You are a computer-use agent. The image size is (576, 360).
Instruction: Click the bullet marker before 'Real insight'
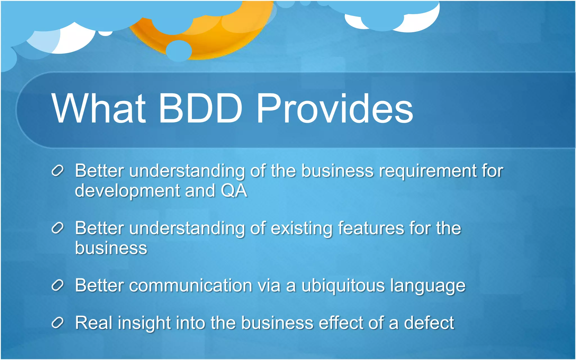pos(58,323)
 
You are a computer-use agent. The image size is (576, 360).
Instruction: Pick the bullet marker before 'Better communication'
pos(58,286)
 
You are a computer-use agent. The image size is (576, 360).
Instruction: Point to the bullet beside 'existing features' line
pos(58,228)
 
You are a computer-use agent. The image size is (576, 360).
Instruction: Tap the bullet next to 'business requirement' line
pos(58,171)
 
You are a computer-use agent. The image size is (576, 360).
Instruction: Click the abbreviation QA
pos(234,191)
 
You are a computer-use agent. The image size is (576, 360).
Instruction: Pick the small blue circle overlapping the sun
pos(179,51)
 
